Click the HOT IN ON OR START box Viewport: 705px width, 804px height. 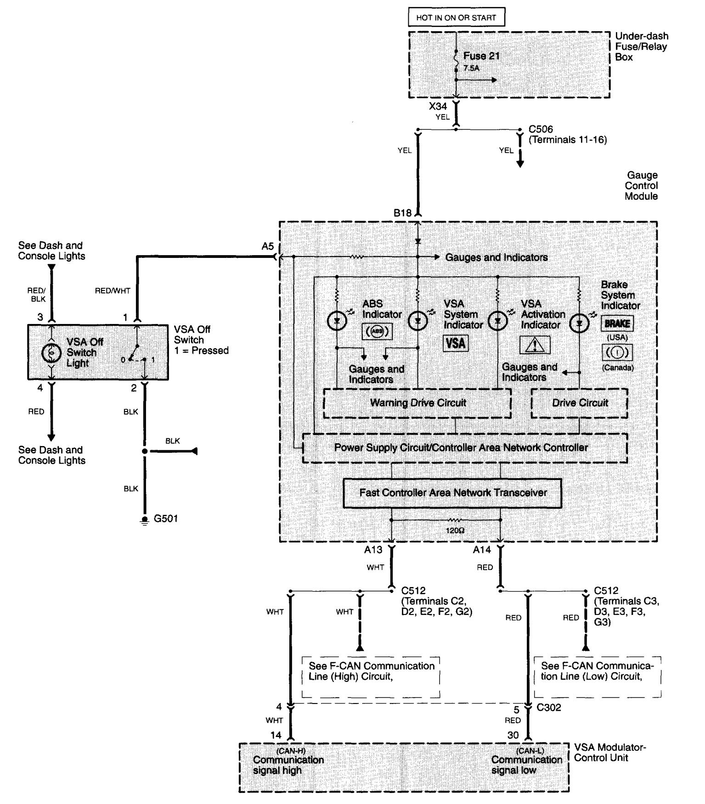click(456, 18)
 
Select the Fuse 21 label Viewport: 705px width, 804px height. click(481, 56)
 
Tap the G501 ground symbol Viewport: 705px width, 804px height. click(145, 520)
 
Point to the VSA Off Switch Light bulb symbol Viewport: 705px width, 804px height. click(51, 352)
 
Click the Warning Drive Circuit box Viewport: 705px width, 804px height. click(417, 403)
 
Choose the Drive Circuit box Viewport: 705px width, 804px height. click(579, 403)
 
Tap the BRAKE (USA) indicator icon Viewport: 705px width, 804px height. click(617, 324)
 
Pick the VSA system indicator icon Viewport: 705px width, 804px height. click(456, 343)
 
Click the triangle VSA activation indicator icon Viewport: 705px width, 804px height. click(535, 345)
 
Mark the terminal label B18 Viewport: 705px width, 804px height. click(403, 213)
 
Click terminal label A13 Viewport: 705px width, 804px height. click(373, 549)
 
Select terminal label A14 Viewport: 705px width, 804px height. click(482, 549)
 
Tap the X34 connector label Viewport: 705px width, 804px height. click(438, 106)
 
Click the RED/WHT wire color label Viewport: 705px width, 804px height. click(113, 290)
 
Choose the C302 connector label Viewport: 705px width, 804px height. click(549, 708)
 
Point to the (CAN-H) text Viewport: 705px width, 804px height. click(291, 751)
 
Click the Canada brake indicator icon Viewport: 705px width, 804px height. click(617, 352)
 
